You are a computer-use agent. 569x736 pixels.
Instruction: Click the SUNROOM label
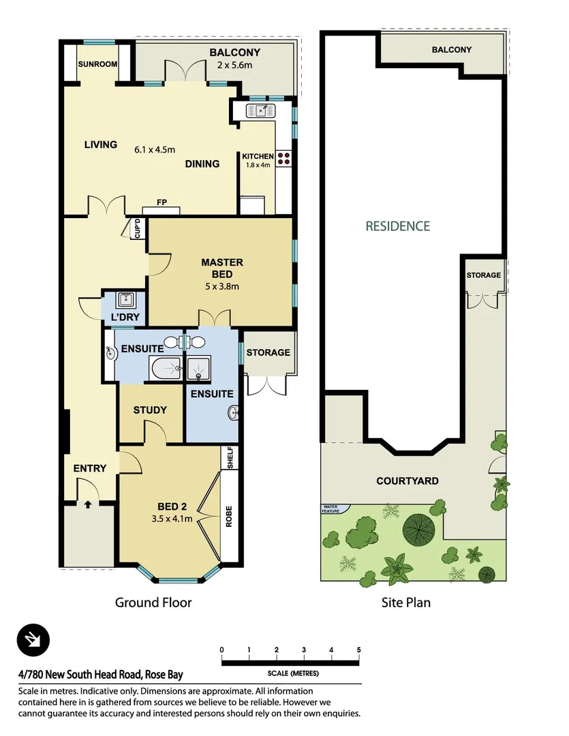click(x=97, y=64)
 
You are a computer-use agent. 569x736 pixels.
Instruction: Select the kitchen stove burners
click(x=283, y=159)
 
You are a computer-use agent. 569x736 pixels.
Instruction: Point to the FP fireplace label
click(x=162, y=202)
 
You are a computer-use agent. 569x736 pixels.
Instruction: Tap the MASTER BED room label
click(x=221, y=268)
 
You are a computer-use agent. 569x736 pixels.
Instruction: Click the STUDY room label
click(x=150, y=410)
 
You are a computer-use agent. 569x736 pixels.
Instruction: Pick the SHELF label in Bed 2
click(x=230, y=457)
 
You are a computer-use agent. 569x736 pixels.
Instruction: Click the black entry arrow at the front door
click(x=88, y=505)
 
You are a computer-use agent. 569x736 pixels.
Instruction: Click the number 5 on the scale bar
click(x=358, y=649)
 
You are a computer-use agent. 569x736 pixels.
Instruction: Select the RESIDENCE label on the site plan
click(x=397, y=226)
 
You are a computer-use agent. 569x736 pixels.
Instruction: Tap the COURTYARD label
click(x=407, y=480)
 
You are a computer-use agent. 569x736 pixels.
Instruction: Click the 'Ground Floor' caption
click(x=153, y=602)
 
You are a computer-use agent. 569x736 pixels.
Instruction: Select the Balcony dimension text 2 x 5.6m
click(x=234, y=65)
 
